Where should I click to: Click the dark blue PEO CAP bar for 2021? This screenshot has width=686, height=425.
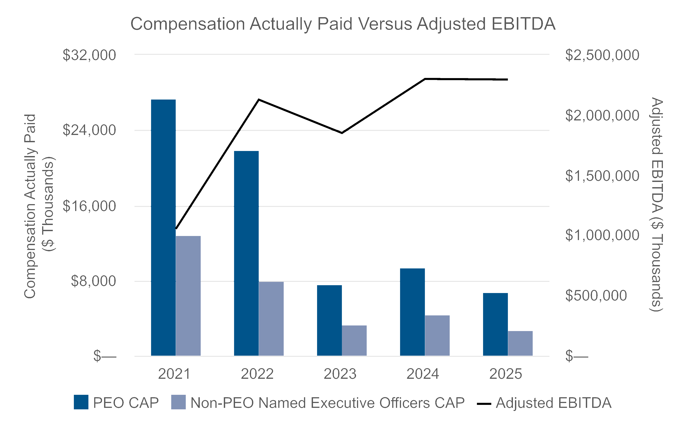click(163, 228)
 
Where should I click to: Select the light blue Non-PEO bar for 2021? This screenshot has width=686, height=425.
click(188, 296)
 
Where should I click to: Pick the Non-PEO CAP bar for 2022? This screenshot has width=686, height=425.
click(271, 318)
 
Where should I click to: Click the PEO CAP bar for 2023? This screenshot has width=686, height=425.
click(329, 320)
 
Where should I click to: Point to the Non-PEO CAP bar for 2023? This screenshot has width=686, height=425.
click(354, 340)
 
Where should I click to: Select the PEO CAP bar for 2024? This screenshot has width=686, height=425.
click(412, 312)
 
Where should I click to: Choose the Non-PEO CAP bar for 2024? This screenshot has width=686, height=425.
click(437, 335)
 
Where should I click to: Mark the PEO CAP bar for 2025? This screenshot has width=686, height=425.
click(495, 324)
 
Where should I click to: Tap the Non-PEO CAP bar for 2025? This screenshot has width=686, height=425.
click(520, 343)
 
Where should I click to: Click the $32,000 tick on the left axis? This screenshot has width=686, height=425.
click(89, 55)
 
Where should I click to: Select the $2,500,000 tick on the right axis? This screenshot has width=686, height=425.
click(602, 55)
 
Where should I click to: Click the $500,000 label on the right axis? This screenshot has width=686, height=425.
click(596, 295)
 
